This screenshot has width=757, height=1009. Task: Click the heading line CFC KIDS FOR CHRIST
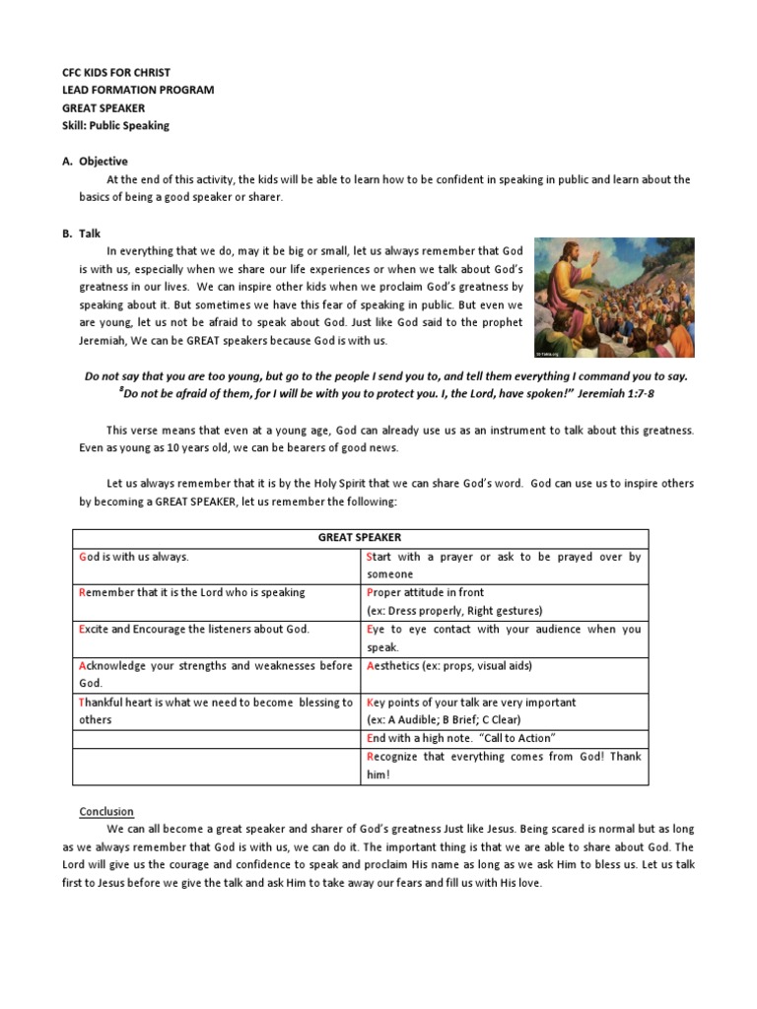115,72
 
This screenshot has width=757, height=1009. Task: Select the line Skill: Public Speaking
115,125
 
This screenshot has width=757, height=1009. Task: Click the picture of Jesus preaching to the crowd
613,297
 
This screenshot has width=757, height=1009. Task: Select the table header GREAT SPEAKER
360,538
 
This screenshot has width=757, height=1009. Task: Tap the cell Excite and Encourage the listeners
194,629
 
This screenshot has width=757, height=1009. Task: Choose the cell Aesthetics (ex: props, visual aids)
448,665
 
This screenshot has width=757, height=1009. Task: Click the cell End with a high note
460,738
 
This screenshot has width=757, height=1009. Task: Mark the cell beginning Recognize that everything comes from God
503,765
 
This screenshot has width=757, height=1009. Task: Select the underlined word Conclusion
106,811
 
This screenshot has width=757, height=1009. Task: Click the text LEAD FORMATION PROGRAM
137,90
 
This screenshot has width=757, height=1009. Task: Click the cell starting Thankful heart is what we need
215,710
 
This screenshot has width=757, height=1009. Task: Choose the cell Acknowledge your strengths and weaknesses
215,674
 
